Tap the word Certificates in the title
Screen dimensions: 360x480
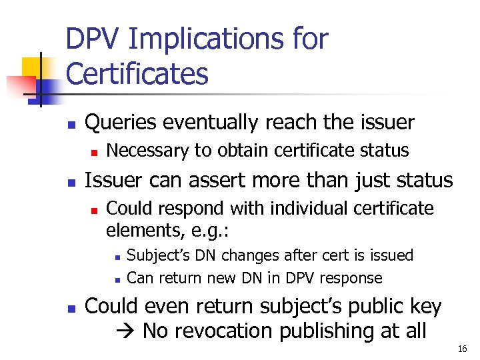point(137,74)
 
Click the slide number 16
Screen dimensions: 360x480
point(463,349)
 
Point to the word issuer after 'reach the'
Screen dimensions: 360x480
point(385,123)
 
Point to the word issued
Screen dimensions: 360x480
point(389,256)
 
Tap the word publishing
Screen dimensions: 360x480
point(335,331)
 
